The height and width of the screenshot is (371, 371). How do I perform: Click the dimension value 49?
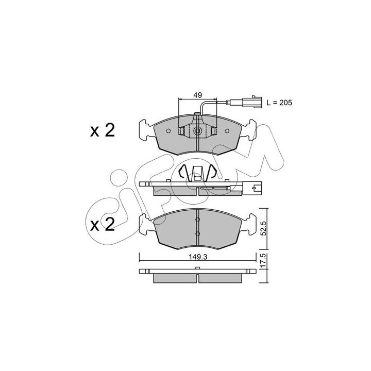197,95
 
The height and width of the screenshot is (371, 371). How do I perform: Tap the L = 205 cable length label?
279,103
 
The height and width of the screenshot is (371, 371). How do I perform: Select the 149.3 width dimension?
198,257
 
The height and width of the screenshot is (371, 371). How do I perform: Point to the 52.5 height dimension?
264,228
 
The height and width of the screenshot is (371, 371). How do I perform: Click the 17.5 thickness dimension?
264,261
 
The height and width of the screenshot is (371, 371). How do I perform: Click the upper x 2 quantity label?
103,130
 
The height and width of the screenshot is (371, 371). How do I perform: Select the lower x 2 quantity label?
103,224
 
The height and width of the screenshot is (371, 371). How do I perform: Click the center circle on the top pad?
197,130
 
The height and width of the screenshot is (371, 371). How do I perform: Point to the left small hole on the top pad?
168,130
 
